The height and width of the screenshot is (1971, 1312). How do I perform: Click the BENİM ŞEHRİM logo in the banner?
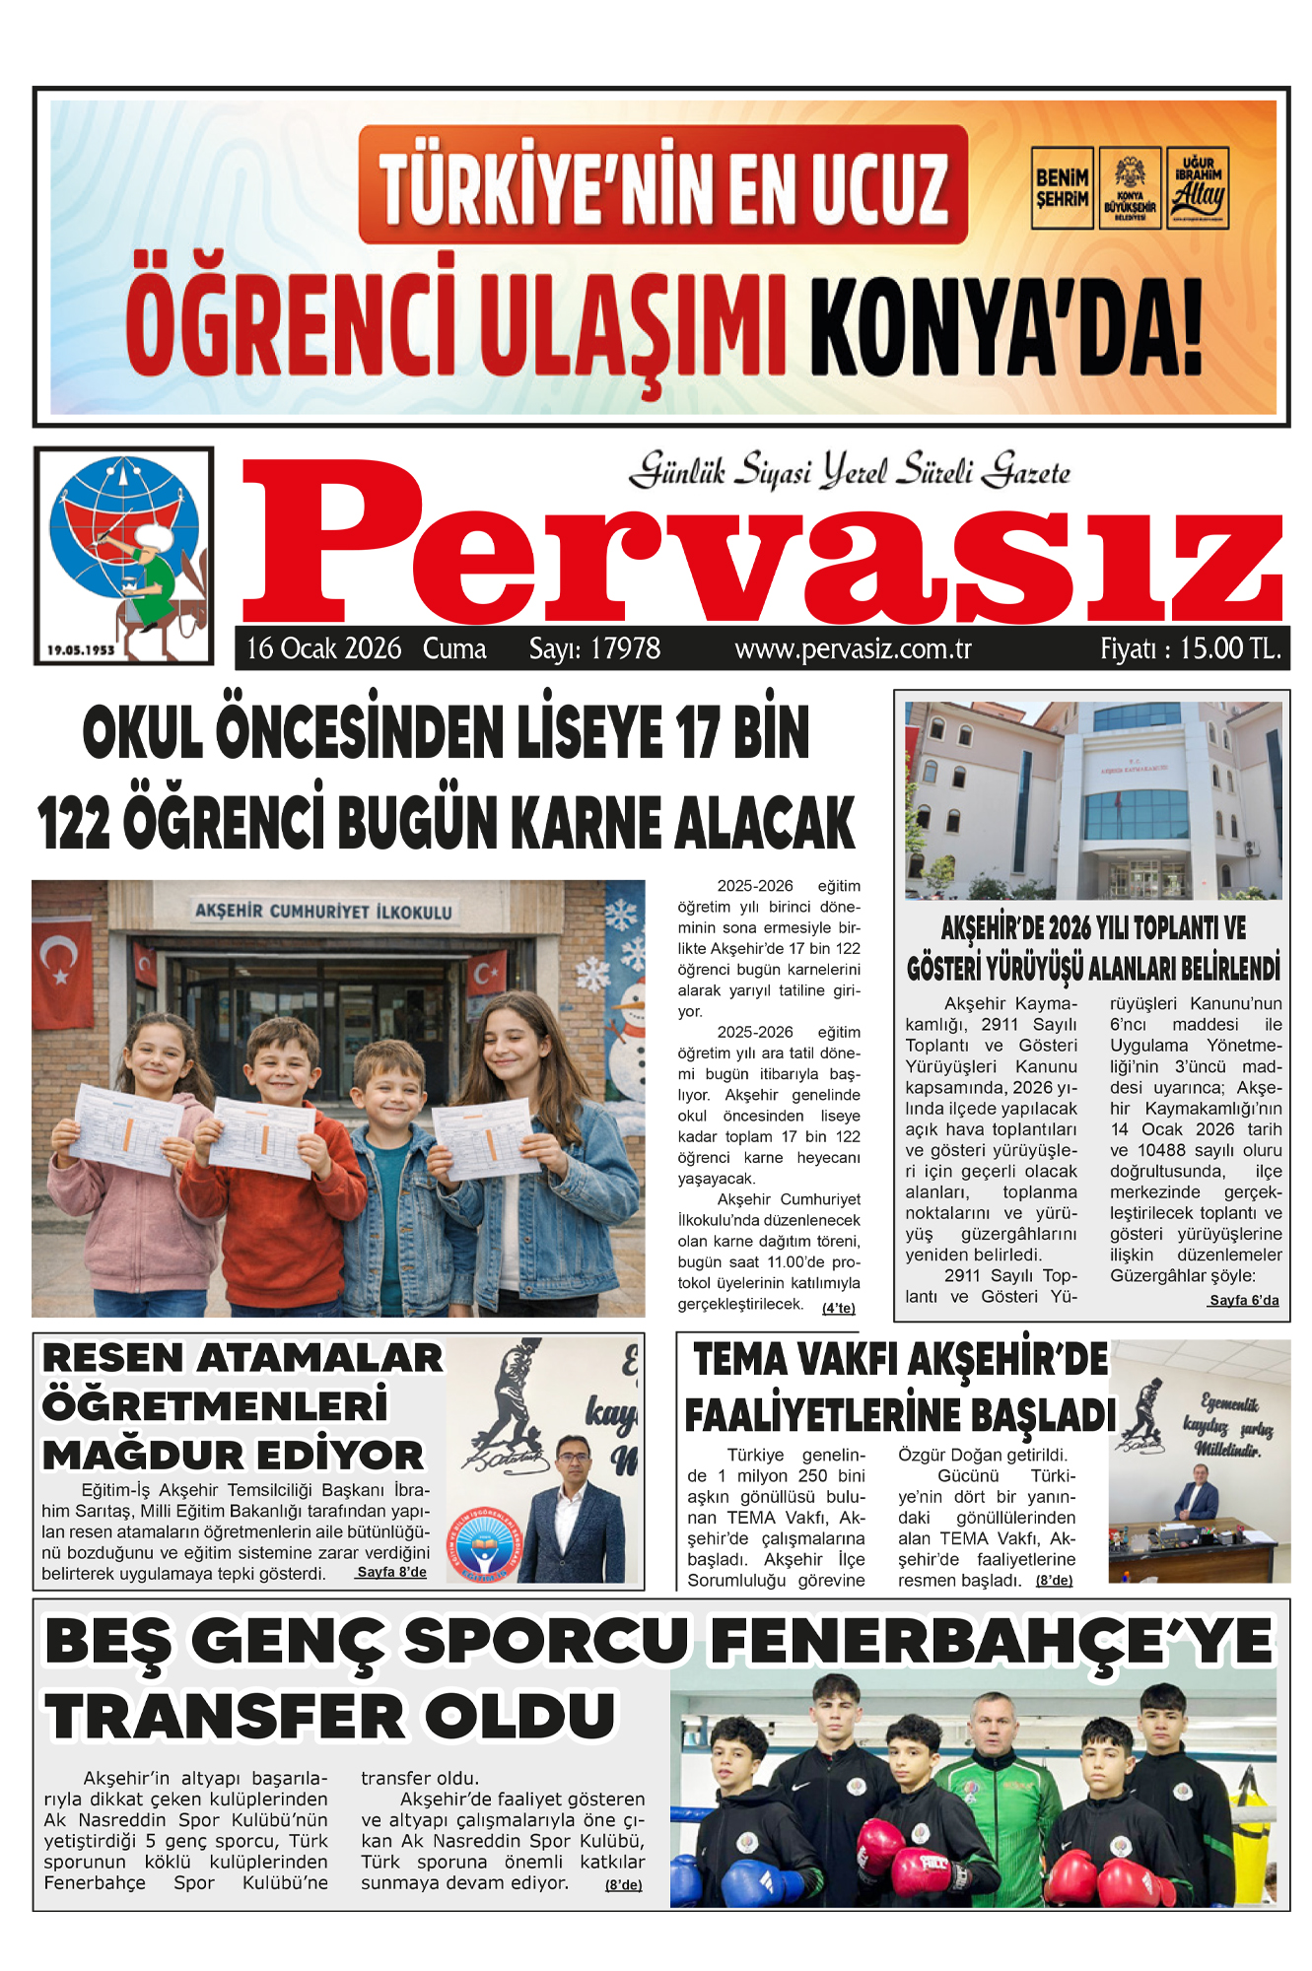[x=1062, y=188]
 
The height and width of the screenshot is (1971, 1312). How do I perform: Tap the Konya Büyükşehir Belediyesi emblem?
[x=1130, y=188]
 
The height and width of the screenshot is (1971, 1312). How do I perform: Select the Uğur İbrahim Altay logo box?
[x=1198, y=188]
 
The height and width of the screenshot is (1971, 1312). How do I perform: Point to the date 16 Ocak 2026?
[x=323, y=648]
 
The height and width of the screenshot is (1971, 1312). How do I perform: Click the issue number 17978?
[x=594, y=648]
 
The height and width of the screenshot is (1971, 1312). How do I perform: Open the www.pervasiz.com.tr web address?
[x=853, y=649]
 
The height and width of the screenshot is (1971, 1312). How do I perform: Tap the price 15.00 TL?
[x=1191, y=648]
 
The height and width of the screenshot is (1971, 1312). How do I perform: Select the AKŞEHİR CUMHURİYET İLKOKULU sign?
[x=323, y=911]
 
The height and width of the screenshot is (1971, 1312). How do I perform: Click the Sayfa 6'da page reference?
[x=1244, y=1301]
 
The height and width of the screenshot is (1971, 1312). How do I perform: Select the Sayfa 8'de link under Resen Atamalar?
[x=391, y=1573]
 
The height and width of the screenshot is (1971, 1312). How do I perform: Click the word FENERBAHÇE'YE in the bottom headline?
[x=991, y=1642]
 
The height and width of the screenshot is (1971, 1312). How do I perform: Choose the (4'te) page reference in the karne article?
[x=839, y=1309]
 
